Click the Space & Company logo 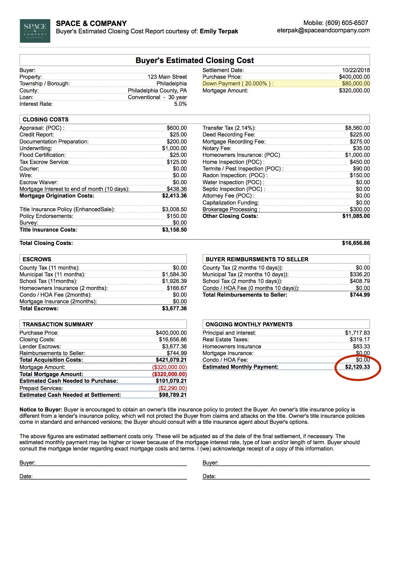(35, 31)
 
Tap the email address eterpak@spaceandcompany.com (323, 30)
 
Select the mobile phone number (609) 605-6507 (347, 23)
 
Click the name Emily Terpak (219, 31)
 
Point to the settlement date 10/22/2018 (356, 70)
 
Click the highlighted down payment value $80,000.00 (356, 84)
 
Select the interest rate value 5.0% (180, 104)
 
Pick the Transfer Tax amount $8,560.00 (357, 128)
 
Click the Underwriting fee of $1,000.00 (174, 148)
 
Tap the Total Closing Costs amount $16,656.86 (356, 243)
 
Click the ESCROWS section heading (37, 259)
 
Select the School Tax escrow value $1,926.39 (174, 281)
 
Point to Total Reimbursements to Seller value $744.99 (360, 295)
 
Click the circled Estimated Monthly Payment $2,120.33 (357, 367)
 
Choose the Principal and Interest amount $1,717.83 (357, 333)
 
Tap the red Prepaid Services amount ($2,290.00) (173, 388)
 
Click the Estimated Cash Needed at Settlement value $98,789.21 (173, 395)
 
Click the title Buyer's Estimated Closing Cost (195, 60)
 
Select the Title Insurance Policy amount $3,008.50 (174, 209)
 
